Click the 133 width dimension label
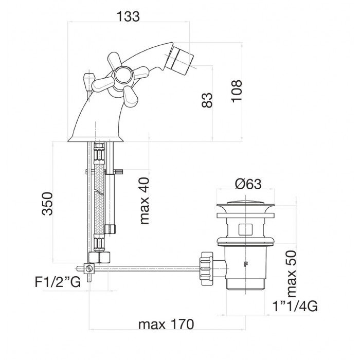click(129, 16)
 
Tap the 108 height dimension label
click(236, 91)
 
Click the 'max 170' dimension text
click(166, 325)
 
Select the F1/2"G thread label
click(58, 282)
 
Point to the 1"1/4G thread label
click(295, 307)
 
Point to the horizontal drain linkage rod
click(149, 266)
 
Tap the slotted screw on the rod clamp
click(88, 268)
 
